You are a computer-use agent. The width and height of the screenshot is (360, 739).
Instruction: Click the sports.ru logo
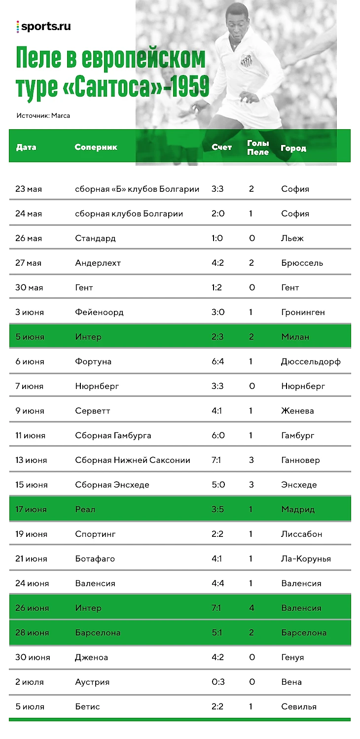43,27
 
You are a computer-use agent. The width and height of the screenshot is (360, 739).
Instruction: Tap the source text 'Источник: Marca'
43,116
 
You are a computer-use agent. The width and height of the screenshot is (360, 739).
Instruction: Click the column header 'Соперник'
96,147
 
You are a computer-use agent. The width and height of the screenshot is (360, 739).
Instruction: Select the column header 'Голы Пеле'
258,148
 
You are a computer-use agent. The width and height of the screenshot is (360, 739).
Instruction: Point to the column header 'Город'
293,148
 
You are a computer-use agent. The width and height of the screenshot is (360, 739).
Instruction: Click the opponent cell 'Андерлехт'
98,263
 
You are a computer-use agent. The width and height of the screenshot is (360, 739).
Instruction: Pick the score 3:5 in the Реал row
217,509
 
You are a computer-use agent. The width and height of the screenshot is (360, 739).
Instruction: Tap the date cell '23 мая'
29,189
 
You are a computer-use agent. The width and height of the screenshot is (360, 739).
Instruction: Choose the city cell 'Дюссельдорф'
311,361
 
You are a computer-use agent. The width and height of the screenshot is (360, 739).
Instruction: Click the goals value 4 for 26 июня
252,608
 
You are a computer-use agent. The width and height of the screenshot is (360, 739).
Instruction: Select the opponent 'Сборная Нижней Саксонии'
133,460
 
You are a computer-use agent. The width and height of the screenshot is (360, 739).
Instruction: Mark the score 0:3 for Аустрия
217,682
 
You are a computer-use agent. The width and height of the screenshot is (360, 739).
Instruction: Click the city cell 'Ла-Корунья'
306,559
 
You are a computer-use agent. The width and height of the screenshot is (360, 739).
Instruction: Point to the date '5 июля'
30,706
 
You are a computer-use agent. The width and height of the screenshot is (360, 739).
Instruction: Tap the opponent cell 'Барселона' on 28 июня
98,633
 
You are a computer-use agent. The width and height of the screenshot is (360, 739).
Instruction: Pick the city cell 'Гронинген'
303,312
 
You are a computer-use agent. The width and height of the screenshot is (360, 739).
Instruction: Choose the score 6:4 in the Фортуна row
217,361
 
